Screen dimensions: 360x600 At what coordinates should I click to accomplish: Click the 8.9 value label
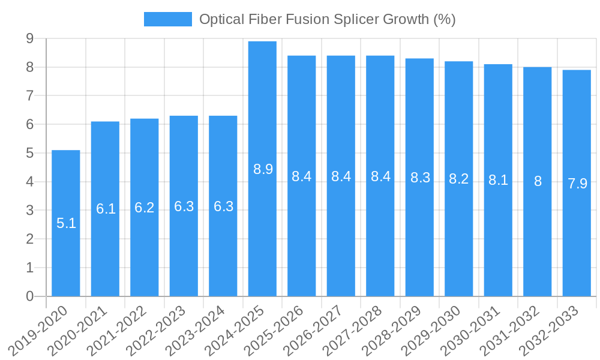[x=263, y=169]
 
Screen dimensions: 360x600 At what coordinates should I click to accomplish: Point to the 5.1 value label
[x=66, y=224]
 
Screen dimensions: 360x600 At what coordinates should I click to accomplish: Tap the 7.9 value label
[x=577, y=184]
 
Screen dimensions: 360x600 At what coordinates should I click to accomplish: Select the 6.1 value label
[x=106, y=209]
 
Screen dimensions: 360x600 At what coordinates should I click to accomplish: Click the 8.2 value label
[x=459, y=179]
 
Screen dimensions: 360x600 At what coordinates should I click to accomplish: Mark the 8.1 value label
[x=498, y=180]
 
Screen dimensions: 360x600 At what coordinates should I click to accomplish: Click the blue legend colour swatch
[x=167, y=19]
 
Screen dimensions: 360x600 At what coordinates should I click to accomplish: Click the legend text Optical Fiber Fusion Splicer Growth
[x=327, y=20]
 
